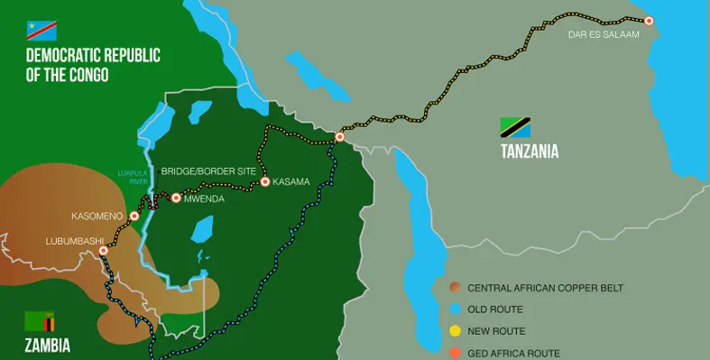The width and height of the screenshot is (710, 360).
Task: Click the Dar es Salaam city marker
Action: (x=648, y=20)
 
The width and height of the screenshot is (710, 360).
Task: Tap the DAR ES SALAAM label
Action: (x=604, y=35)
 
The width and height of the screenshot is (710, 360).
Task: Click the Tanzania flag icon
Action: (x=516, y=126)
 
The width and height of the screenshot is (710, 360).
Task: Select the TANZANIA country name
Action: (x=530, y=152)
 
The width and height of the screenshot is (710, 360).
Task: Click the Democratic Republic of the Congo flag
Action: (x=42, y=29)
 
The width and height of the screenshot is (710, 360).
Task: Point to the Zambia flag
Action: (x=40, y=320)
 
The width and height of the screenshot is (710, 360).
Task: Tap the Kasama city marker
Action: (x=265, y=181)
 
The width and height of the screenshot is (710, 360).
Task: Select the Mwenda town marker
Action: (x=176, y=198)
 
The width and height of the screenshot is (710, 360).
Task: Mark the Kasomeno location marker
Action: (x=134, y=216)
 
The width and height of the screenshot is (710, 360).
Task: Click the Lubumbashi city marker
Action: (x=103, y=251)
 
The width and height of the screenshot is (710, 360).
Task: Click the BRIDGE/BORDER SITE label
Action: (x=208, y=171)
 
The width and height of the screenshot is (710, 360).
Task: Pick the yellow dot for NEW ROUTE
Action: (x=454, y=331)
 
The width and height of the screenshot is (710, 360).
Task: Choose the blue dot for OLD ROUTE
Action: (x=454, y=309)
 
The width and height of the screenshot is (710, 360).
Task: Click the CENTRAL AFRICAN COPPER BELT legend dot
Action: (x=454, y=288)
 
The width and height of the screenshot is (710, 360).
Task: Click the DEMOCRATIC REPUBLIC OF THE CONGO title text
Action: (x=93, y=65)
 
